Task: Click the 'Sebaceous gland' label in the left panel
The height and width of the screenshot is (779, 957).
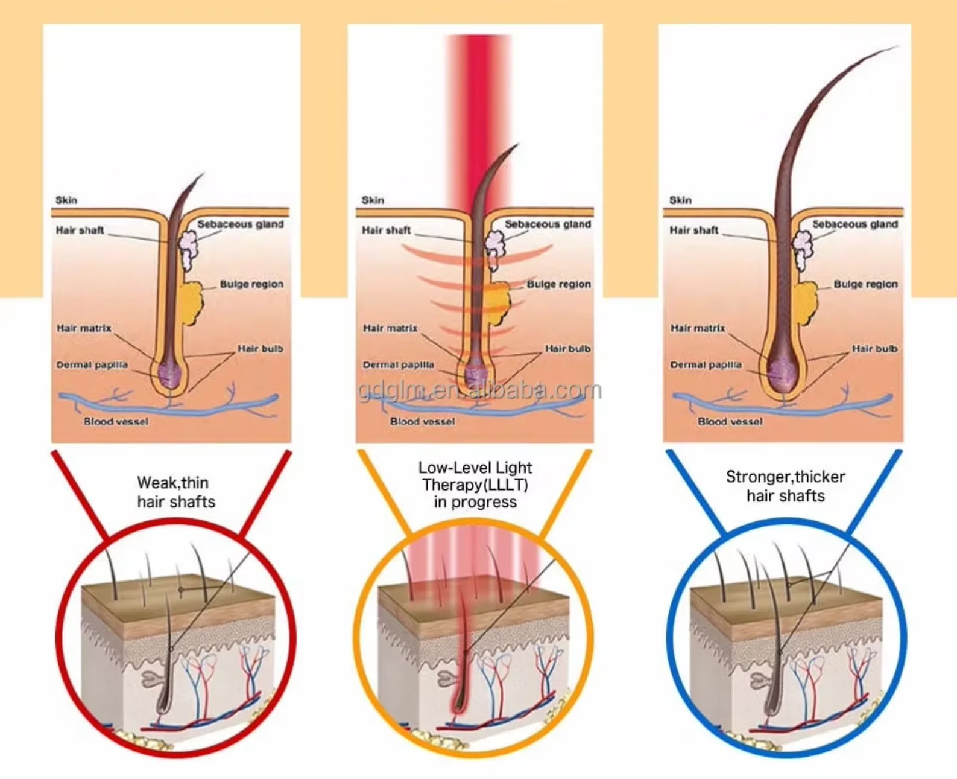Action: (241, 224)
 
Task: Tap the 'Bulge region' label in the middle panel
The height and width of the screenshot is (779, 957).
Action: (558, 284)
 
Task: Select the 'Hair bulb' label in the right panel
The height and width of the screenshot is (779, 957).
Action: (875, 348)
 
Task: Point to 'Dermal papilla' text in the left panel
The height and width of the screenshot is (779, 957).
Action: (92, 365)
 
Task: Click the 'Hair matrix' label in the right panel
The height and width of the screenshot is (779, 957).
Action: (698, 328)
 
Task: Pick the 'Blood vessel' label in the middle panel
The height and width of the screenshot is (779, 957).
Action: (422, 422)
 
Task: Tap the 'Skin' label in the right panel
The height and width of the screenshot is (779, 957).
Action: (680, 200)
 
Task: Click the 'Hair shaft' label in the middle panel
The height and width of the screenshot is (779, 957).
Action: (387, 230)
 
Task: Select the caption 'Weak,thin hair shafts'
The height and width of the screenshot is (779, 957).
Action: (176, 492)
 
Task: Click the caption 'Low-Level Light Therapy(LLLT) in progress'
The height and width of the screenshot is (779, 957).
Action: (475, 485)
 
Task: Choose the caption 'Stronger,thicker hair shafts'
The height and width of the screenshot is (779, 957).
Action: (785, 486)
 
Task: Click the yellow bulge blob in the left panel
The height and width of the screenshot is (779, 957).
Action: (192, 302)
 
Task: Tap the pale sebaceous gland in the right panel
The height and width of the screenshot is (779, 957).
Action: (802, 250)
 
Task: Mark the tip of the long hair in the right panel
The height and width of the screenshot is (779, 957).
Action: (899, 45)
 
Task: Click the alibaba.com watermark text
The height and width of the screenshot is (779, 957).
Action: (480, 390)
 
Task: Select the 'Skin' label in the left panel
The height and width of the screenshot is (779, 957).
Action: (66, 200)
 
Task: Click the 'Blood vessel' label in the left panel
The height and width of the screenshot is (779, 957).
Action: (116, 422)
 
